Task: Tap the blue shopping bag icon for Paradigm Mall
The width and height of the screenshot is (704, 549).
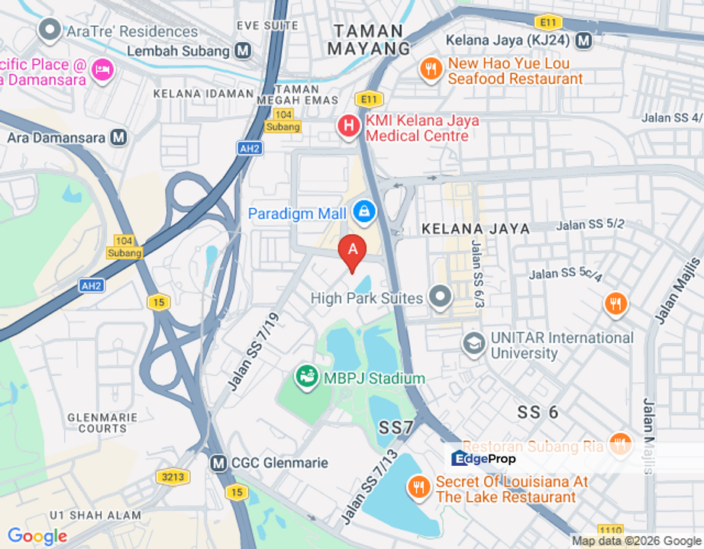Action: (364, 213)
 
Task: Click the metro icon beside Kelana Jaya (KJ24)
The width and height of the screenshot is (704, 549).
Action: (584, 40)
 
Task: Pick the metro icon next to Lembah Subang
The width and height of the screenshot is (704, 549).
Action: (244, 51)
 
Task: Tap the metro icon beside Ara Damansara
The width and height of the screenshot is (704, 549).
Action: (118, 138)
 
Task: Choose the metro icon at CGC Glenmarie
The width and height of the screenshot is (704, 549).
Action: (219, 463)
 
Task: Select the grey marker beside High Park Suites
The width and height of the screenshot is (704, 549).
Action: (440, 297)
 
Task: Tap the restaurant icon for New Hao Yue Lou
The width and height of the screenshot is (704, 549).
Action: (431, 70)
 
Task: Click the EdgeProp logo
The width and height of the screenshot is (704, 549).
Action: (483, 458)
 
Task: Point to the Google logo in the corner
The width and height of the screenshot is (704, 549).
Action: (37, 537)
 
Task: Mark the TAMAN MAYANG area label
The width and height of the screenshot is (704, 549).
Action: (370, 40)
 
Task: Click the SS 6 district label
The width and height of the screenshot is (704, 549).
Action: (538, 413)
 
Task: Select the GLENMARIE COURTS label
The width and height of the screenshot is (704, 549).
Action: (102, 423)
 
